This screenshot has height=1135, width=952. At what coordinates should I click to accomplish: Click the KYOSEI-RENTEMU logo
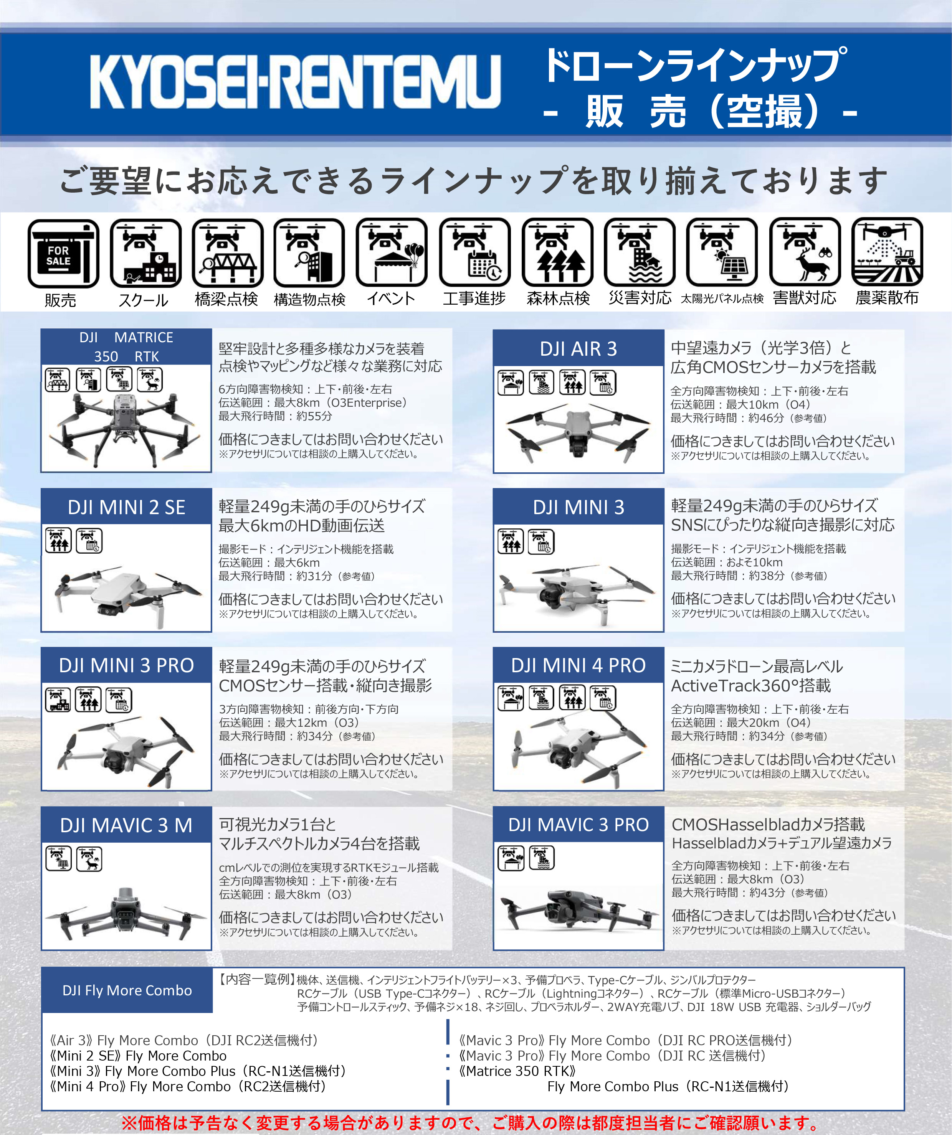295,82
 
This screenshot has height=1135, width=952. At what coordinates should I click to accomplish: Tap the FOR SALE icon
63,254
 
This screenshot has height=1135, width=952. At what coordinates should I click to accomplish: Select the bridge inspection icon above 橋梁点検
228,252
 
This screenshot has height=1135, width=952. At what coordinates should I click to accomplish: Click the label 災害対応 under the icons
640,298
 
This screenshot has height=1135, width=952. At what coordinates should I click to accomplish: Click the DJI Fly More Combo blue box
127,990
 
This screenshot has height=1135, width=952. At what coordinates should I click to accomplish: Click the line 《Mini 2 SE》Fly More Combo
138,1056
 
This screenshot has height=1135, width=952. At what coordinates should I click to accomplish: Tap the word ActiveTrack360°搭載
751,685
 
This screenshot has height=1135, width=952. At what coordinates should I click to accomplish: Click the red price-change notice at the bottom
470,1123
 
